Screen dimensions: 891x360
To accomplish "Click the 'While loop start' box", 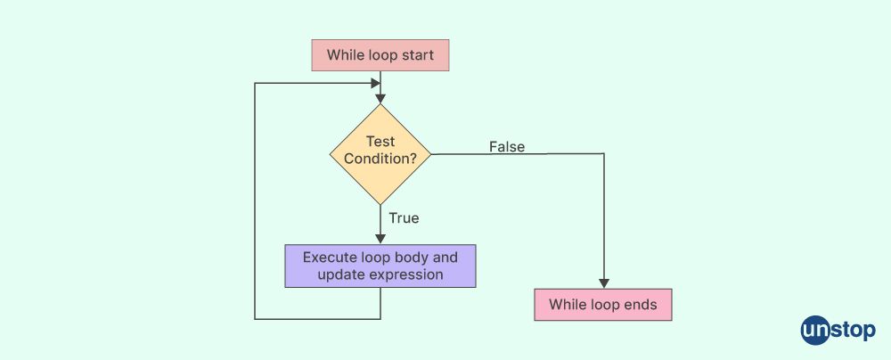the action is click(x=380, y=55).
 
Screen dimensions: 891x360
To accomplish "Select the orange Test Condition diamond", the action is click(x=380, y=153).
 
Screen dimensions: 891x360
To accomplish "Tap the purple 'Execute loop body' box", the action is click(x=380, y=266).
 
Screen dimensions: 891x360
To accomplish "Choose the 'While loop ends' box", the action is click(x=603, y=305).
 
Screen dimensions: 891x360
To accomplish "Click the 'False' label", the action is click(x=507, y=147).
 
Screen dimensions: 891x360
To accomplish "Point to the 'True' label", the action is click(x=404, y=217).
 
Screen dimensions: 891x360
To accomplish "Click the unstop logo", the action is click(x=838, y=330).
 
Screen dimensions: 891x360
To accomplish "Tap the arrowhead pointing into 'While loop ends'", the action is click(x=604, y=283).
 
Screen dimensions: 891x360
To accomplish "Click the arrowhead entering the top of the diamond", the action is click(x=380, y=98).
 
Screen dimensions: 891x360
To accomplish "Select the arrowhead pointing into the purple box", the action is click(x=380, y=240).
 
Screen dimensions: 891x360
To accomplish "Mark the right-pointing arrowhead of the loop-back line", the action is click(x=376, y=83).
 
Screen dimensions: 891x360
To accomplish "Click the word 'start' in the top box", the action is click(x=418, y=55).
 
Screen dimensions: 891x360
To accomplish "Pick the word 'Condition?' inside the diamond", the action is click(x=380, y=160).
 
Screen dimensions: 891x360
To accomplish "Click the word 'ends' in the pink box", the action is click(x=641, y=305).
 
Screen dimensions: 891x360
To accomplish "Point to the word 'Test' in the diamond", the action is click(x=380, y=141).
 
